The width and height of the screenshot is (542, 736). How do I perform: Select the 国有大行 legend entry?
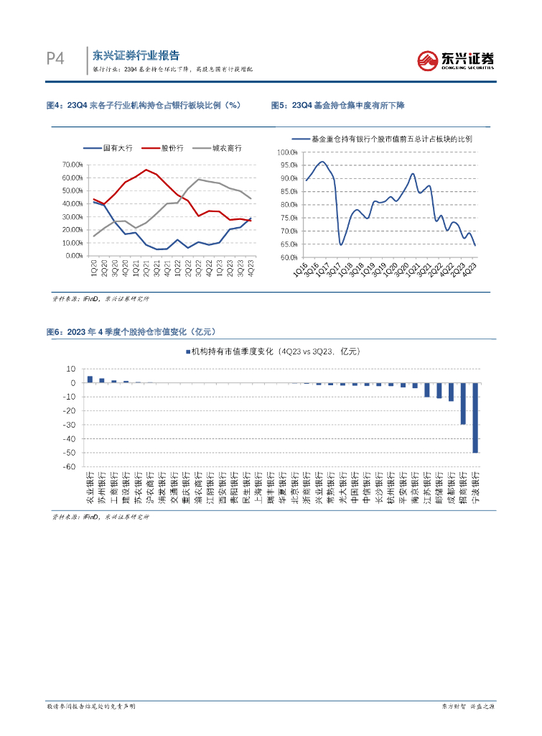[x=109, y=147]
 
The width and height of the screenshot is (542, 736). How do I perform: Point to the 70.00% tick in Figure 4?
[x=69, y=165]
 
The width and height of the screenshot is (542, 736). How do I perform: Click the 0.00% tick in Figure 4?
[x=70, y=255]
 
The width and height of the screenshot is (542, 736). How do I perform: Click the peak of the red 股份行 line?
[x=146, y=170]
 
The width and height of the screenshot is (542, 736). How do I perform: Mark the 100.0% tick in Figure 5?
[x=288, y=152]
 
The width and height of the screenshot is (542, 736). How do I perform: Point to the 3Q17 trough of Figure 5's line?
[x=340, y=244]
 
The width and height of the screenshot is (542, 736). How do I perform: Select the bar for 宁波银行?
[x=475, y=418]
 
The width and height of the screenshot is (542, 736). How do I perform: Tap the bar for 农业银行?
[x=90, y=379]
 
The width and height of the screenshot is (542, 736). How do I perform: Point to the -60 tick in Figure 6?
[x=70, y=466]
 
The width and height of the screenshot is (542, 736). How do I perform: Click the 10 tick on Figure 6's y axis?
[x=71, y=369]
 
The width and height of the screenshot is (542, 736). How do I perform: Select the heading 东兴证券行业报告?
[x=136, y=55]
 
